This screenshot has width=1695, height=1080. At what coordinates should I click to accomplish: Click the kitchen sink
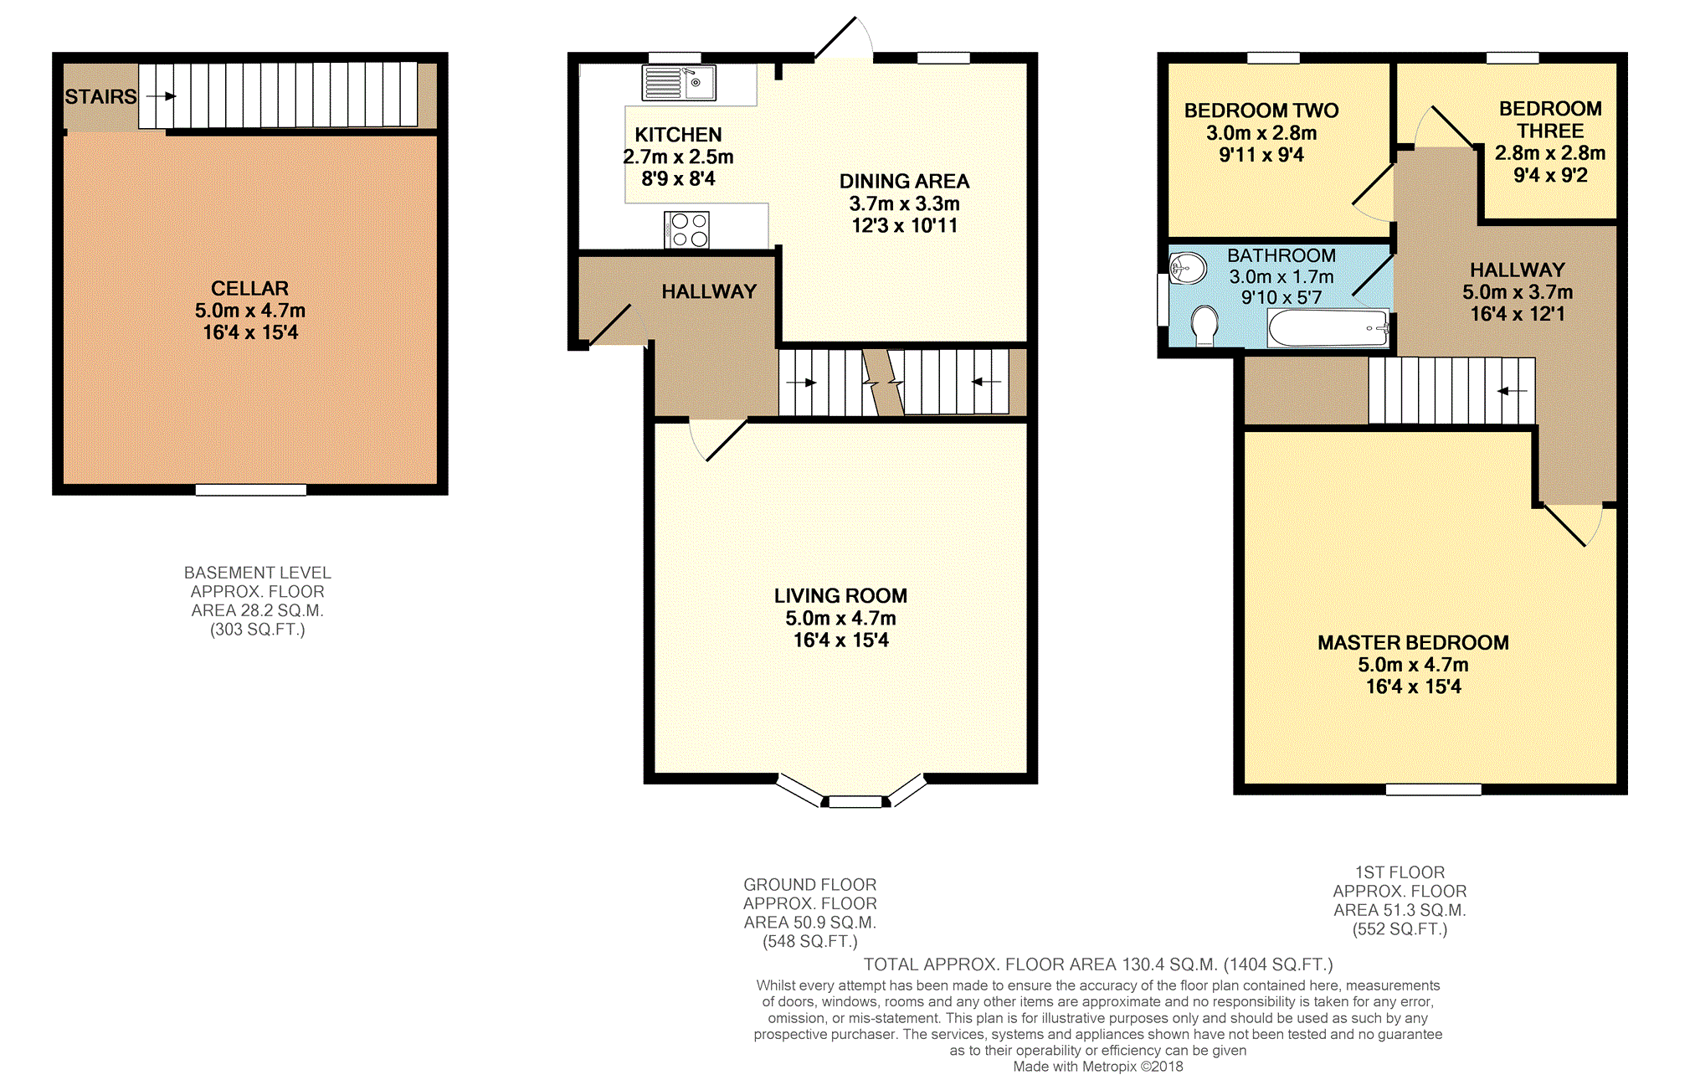[679, 83]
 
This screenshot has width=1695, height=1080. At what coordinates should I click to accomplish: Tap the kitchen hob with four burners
[686, 229]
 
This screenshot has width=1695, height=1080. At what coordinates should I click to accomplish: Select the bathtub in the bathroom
[1328, 327]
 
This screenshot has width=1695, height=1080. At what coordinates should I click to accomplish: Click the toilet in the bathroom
[1204, 325]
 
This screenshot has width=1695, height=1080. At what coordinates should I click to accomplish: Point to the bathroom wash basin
[1188, 268]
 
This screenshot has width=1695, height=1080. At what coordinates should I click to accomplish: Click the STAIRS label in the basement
[100, 97]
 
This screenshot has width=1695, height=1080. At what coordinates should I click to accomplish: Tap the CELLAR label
[249, 289]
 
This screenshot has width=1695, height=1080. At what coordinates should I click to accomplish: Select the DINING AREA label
[904, 182]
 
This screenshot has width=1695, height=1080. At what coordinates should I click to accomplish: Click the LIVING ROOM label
[840, 596]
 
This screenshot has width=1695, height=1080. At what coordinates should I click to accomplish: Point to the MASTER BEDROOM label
[1413, 643]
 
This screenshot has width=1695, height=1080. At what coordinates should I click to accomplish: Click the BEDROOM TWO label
[1261, 111]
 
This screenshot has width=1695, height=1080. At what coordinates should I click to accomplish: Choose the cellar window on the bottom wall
[251, 490]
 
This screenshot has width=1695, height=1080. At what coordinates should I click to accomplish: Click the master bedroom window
[1433, 789]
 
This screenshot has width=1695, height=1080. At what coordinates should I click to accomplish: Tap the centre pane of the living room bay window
[855, 802]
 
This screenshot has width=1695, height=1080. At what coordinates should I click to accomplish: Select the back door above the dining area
[844, 39]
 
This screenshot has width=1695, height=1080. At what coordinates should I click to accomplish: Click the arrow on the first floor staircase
[1513, 391]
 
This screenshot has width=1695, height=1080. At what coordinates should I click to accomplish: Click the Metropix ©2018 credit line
[1098, 1067]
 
